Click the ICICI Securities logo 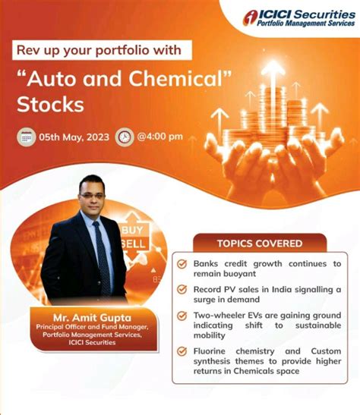[298, 18]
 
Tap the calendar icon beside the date [28, 137]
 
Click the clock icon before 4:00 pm [124, 137]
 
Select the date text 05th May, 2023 [74, 137]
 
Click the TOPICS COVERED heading [259, 244]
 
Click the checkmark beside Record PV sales [182, 289]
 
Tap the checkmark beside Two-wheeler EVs [182, 315]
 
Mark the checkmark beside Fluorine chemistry [182, 351]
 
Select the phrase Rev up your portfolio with [99, 51]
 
